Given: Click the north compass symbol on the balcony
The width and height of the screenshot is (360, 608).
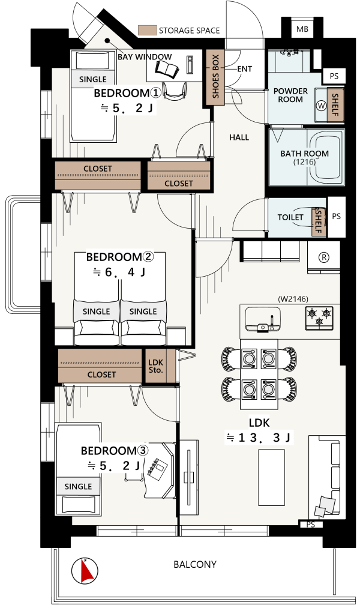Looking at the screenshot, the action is [x=85, y=570].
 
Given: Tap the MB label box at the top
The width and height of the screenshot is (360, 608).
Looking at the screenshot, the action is [x=302, y=29].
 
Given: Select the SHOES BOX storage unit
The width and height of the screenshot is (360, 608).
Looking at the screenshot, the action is [x=215, y=77].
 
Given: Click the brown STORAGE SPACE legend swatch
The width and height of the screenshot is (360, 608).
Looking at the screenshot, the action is [x=147, y=30].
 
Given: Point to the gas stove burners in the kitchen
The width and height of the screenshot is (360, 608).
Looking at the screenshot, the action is [x=319, y=317].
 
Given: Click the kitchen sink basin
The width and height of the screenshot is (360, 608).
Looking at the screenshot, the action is [x=263, y=319].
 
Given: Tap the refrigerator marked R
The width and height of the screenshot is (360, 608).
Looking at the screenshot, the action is [x=323, y=257].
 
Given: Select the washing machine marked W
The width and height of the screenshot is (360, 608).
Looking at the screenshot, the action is [x=321, y=105].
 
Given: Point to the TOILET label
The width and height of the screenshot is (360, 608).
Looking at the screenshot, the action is [x=290, y=217].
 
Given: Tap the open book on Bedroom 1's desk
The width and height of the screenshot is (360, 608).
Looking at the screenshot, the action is [x=167, y=68].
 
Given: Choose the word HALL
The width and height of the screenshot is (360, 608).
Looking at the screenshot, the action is [x=239, y=137].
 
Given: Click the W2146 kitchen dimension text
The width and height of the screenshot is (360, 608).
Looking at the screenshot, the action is [x=293, y=299].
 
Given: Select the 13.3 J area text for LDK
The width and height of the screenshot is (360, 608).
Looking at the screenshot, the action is [x=258, y=438].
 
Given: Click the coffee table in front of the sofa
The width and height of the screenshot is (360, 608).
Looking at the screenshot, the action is [x=272, y=477].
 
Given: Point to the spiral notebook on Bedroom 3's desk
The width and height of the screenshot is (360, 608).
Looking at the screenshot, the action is [x=158, y=467].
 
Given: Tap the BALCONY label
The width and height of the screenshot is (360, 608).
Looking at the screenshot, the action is [x=194, y=564].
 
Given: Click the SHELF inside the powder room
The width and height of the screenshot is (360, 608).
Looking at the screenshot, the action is [x=335, y=105].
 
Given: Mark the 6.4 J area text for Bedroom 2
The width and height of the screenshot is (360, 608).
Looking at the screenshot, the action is [x=119, y=272].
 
